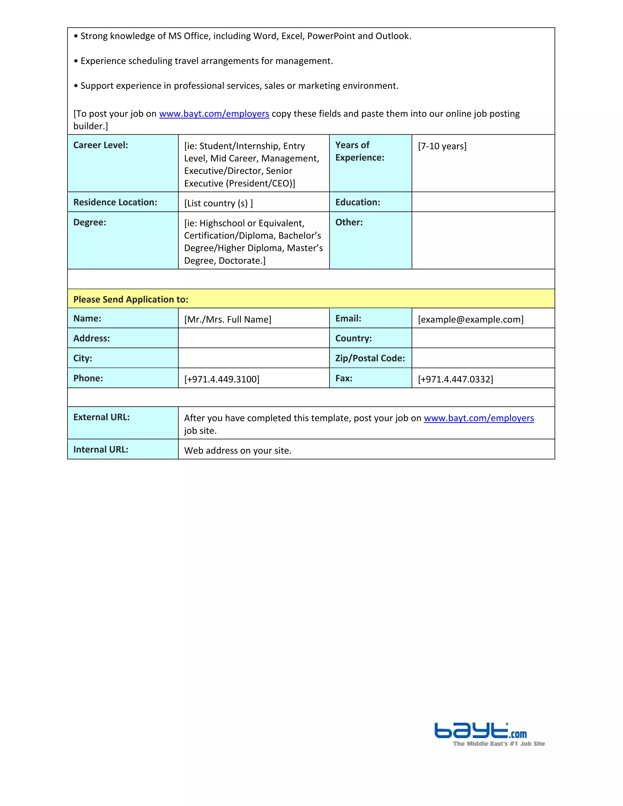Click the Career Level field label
point(100,145)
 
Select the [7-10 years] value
point(442,146)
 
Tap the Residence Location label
point(115,202)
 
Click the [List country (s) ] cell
point(218,203)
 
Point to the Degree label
point(90,222)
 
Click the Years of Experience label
point(359,151)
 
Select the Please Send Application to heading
point(131,299)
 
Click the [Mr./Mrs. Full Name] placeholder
point(227,319)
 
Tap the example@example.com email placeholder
point(470,319)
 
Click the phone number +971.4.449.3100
point(221,379)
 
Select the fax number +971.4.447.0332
point(455,379)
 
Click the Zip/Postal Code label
point(370,358)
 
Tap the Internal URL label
point(101,450)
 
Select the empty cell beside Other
point(483,240)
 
